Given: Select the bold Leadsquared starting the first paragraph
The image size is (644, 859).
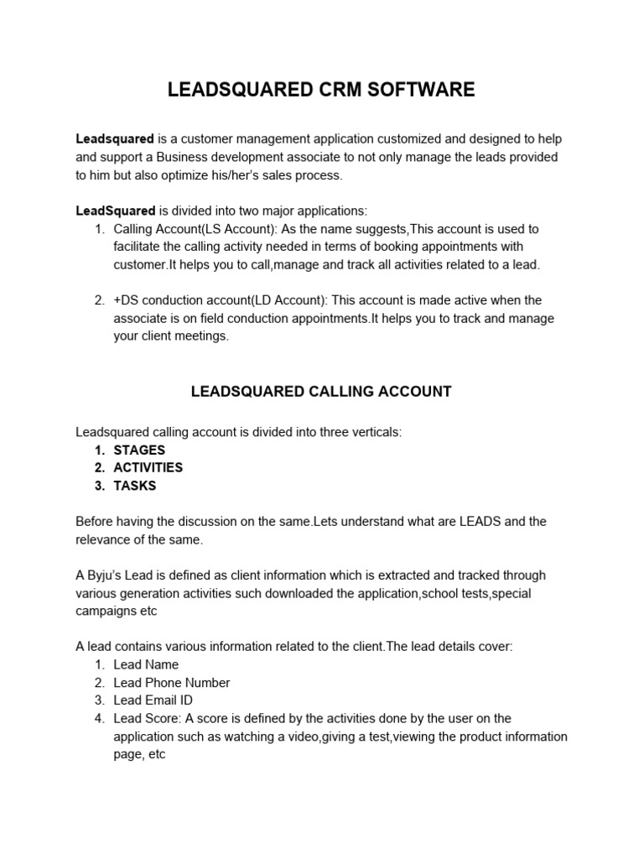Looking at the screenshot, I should pos(115,138).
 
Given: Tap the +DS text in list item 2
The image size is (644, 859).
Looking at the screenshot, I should pos(127,300).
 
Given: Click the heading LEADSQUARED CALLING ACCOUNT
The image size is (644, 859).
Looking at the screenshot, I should pos(321,391).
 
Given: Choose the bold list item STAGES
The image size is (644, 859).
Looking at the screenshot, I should pos(139,450).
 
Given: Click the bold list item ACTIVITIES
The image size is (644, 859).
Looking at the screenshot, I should pos(148,467).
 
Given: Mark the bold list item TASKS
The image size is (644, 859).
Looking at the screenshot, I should pos(134,486).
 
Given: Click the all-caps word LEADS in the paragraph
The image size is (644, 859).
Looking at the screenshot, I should pos(481,522).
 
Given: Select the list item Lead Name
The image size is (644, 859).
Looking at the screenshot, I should pos(146,664).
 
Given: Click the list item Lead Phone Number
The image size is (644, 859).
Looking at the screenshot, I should pos(171,683).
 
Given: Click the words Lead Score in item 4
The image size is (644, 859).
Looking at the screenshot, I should pos(146,718).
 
